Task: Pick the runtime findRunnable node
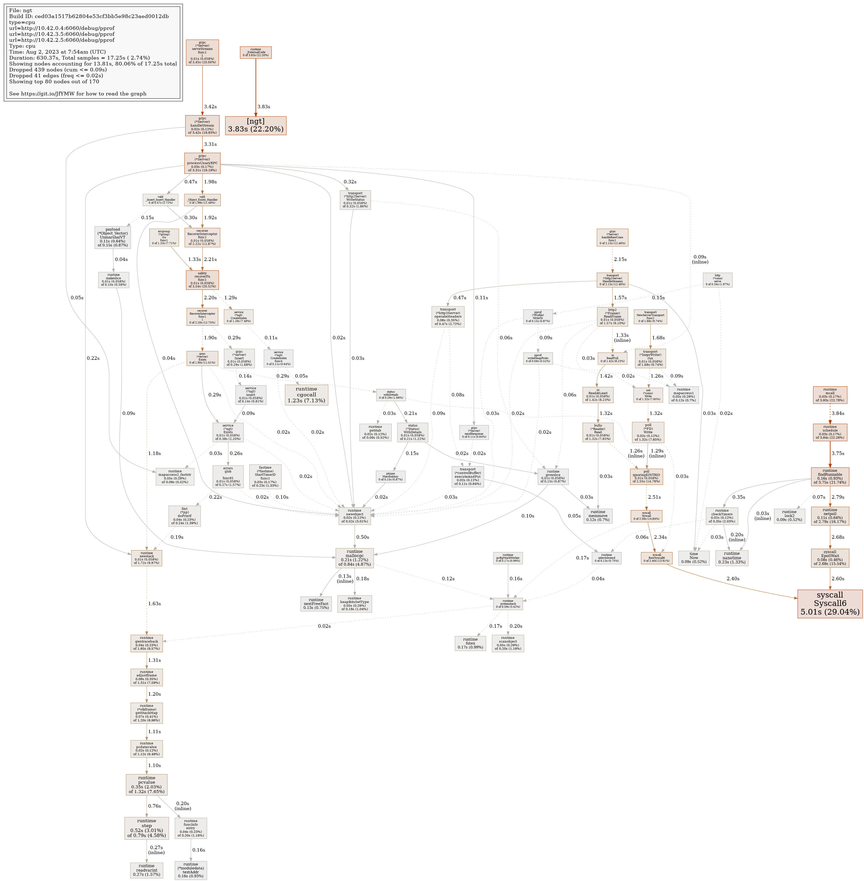point(830,476)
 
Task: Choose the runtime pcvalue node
point(147,785)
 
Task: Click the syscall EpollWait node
point(830,558)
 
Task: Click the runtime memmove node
point(598,516)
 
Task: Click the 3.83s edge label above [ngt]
point(264,107)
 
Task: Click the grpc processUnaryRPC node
point(202,163)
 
